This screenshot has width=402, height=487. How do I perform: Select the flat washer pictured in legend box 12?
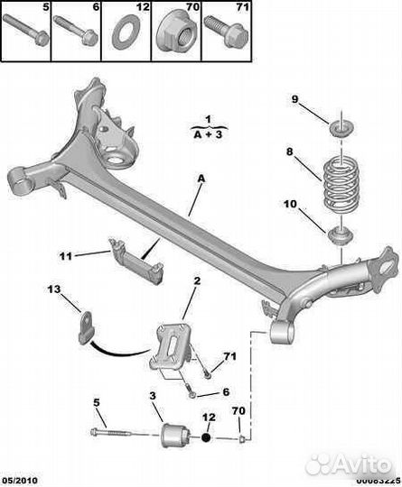(126, 34)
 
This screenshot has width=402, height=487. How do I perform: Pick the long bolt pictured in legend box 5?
(26, 30)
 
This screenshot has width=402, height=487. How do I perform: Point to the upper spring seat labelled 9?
(341, 129)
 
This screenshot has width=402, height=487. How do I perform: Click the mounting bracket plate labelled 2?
(172, 346)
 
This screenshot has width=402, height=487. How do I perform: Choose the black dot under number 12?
(206, 437)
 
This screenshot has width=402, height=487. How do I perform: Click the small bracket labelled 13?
(86, 327)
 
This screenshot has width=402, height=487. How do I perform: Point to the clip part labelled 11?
(136, 260)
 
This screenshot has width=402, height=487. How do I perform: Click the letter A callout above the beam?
(201, 179)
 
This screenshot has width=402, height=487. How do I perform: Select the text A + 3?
(209, 134)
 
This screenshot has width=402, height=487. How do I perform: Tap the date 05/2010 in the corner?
(19, 481)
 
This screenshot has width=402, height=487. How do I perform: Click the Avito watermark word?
(362, 465)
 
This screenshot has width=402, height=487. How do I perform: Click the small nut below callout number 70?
(243, 439)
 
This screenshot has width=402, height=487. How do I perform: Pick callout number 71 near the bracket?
(229, 356)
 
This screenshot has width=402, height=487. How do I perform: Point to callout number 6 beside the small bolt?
(226, 392)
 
